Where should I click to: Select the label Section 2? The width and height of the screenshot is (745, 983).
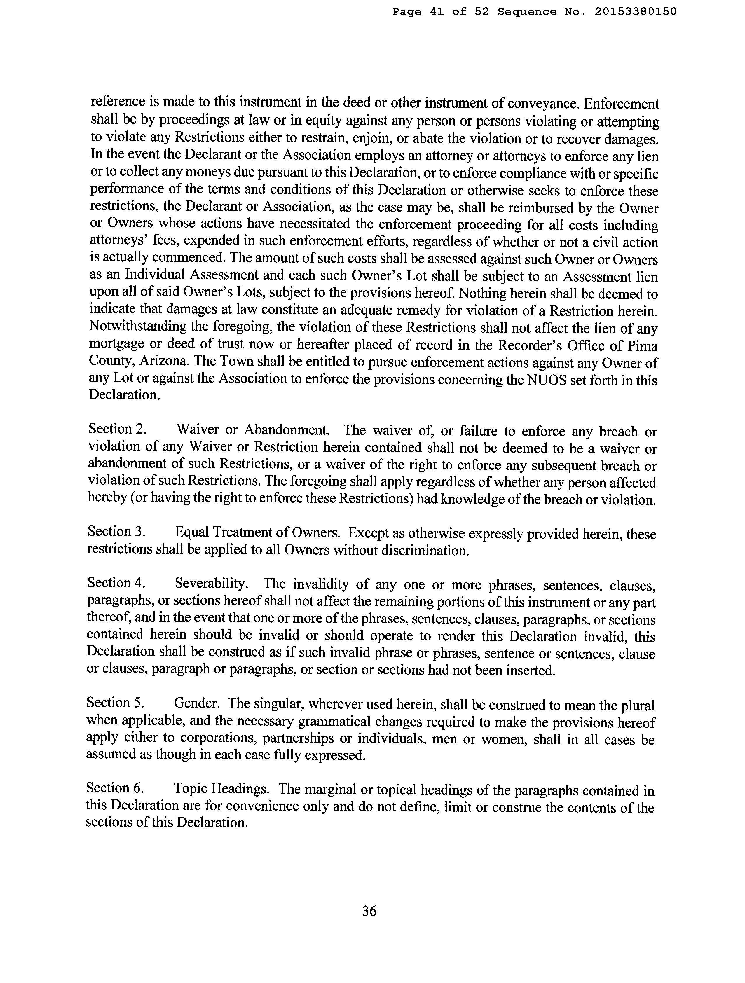(x=117, y=429)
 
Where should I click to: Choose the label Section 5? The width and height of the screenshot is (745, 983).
(x=115, y=703)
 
